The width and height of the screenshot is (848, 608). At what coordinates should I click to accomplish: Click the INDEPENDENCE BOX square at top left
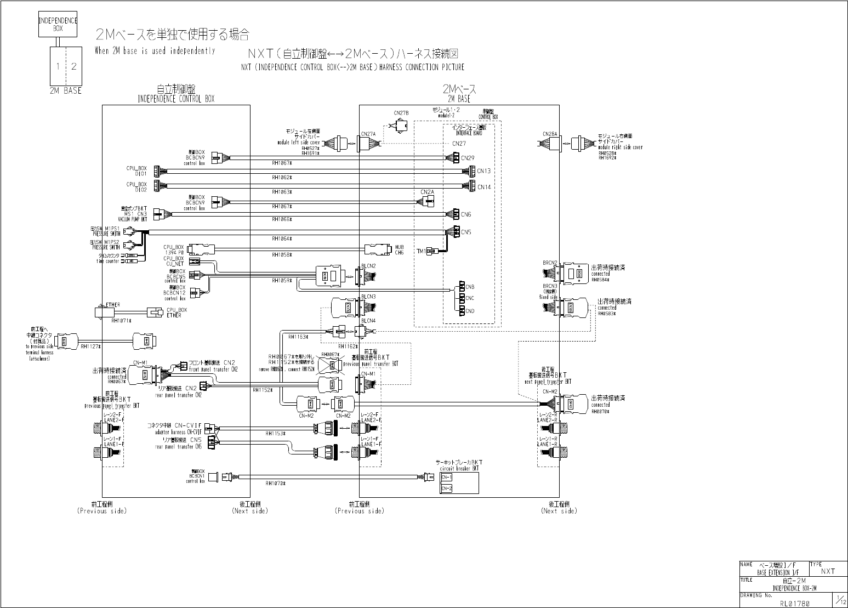tap(58, 24)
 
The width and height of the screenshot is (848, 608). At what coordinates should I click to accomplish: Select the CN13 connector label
tap(483, 171)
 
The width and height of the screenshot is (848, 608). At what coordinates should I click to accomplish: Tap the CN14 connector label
tap(483, 187)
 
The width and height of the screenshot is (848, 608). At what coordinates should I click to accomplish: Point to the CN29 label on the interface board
tap(468, 158)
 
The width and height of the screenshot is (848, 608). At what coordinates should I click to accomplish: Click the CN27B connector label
tap(401, 113)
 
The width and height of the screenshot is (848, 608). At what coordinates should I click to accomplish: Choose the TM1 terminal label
tap(421, 251)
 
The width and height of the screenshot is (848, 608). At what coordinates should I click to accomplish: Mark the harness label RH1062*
tap(282, 178)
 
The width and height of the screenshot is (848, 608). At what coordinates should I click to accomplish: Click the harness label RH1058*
tap(282, 255)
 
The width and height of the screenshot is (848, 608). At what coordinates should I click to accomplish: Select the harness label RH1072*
tap(275, 484)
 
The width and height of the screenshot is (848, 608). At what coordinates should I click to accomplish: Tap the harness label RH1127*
tap(91, 346)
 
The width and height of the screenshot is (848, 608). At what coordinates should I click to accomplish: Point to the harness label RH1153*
tap(275, 434)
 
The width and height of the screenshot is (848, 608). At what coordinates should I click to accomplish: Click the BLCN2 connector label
tap(368, 266)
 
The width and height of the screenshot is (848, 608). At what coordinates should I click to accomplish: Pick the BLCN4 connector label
tap(368, 320)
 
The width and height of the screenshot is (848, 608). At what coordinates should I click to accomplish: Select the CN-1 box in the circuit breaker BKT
tap(446, 477)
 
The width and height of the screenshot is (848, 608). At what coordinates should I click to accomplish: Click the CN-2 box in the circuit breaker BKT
tap(446, 488)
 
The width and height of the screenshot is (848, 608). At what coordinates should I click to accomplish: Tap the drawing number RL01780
tap(795, 603)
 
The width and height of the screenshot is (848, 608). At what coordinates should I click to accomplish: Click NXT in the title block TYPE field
tap(828, 571)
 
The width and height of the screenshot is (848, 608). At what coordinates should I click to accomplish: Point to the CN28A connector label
tap(550, 134)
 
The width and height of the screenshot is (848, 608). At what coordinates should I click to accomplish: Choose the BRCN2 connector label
tap(550, 263)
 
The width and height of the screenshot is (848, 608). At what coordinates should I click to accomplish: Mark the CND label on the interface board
tap(470, 311)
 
